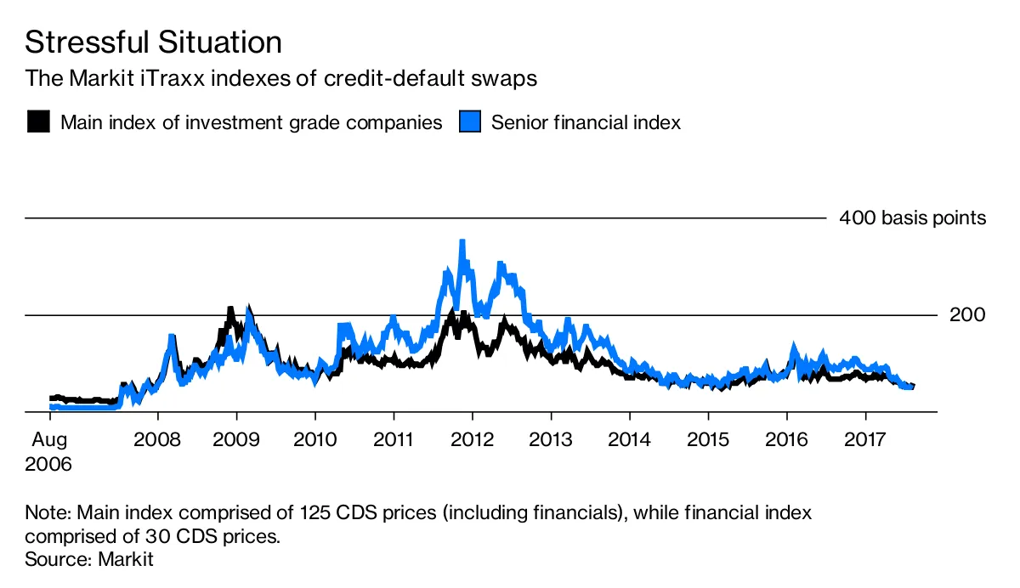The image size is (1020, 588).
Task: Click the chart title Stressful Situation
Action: (153, 42)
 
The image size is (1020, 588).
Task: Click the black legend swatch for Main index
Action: (37, 122)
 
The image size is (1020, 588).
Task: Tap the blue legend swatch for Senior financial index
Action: (470, 122)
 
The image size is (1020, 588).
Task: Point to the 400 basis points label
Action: (912, 218)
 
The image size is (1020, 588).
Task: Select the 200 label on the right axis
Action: (967, 315)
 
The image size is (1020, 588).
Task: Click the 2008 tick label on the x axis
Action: (158, 442)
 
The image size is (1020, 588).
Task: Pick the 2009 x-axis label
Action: (236, 442)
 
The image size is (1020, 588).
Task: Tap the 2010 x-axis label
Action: (315, 442)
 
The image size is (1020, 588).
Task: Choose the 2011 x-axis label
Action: (394, 442)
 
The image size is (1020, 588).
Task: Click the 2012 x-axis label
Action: (472, 442)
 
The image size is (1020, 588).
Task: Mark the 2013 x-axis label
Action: (551, 442)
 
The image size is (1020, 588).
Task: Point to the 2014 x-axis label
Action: (629, 442)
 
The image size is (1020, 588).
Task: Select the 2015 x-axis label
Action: (708, 442)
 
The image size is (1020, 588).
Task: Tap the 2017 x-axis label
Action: (865, 442)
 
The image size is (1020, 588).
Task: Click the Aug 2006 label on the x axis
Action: (49, 453)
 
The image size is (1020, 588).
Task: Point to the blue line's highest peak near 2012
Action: (462, 242)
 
